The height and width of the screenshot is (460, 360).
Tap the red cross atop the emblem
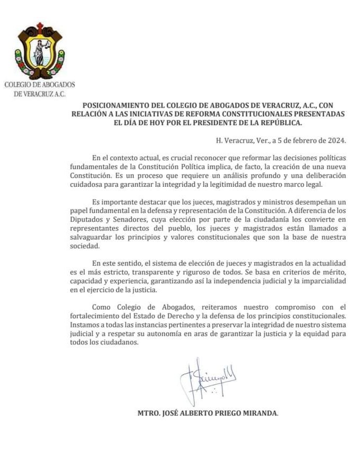(x=40, y=27)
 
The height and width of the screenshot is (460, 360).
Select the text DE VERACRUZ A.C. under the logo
(x=39, y=94)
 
